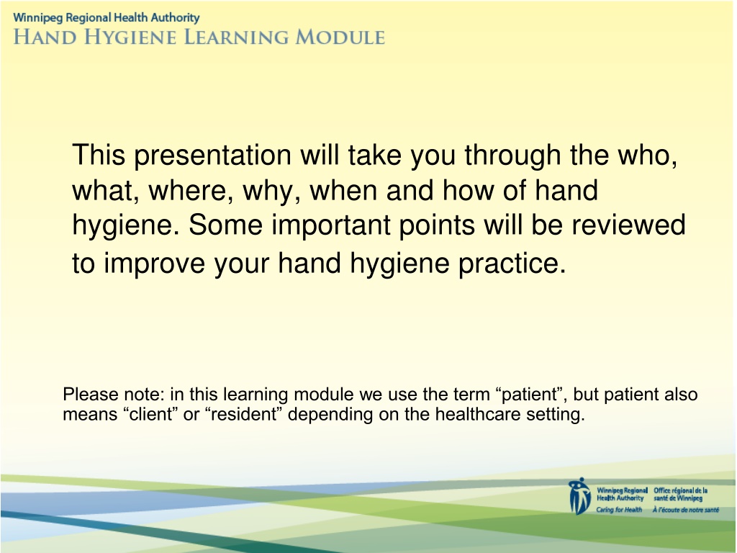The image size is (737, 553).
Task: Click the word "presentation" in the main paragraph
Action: tap(212, 156)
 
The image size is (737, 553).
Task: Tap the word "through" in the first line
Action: tap(512, 156)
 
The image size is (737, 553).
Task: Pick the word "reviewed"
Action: tap(628, 225)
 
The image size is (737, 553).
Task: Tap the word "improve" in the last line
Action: tap(154, 264)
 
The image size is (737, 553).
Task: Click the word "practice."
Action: tap(512, 264)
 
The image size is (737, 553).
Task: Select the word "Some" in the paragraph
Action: tap(225, 225)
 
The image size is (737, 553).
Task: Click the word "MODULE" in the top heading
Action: tap(340, 37)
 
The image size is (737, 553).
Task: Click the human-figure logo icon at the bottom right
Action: tap(579, 496)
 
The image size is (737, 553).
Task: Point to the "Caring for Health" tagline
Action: tap(619, 510)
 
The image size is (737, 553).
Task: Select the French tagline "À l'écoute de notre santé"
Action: tap(686, 510)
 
